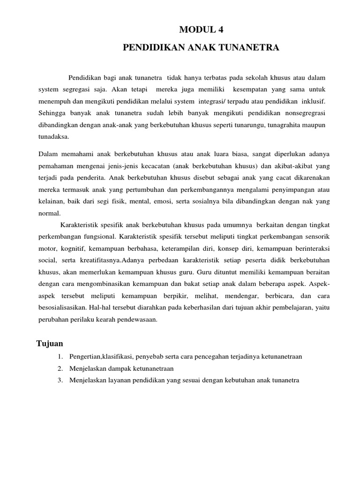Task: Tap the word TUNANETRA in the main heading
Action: tap(253, 48)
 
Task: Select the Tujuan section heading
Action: tap(50, 344)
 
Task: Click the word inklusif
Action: tap(310, 101)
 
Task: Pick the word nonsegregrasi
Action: tap(303, 113)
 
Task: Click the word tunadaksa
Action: tap(53, 137)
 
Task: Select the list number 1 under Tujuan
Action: tap(60, 357)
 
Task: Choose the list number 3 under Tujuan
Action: tap(60, 380)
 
